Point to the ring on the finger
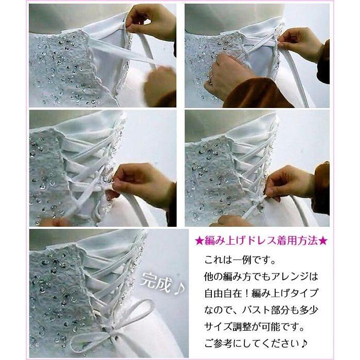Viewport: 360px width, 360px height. point(211,79)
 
